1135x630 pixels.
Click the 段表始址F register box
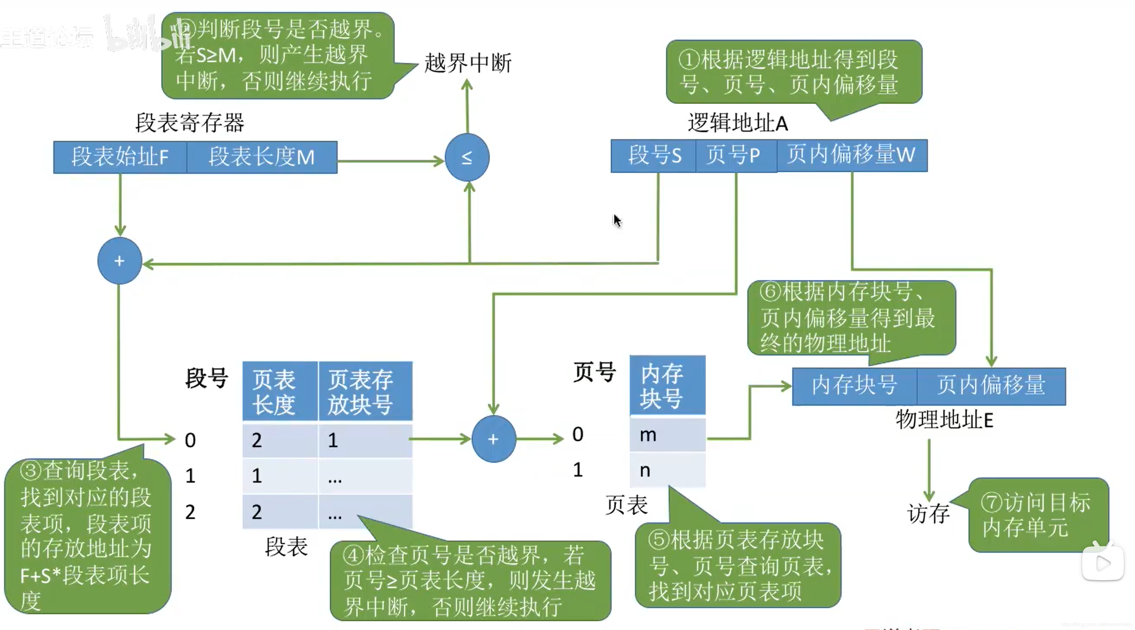point(120,157)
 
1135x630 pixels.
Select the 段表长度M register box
point(262,157)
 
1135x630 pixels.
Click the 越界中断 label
point(468,63)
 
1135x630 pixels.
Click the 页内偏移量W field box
point(851,155)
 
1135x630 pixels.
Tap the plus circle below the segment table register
point(119,261)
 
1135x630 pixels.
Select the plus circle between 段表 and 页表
point(493,439)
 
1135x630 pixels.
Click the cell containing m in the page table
point(667,435)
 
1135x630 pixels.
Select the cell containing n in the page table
point(667,470)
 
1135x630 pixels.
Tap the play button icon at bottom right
point(1102,563)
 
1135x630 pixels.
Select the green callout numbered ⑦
point(1038,515)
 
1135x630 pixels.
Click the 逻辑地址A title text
point(737,123)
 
